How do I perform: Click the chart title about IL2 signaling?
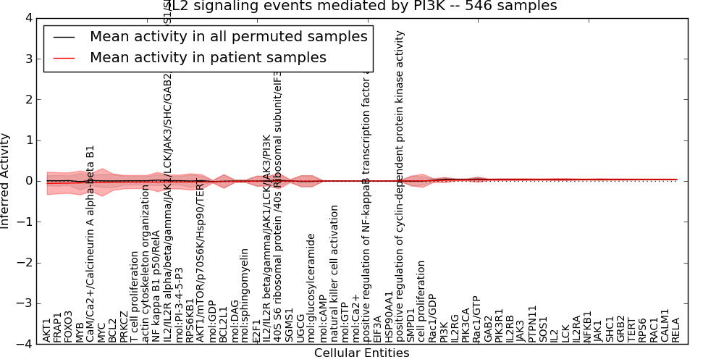[x=361, y=7]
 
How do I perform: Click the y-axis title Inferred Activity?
[x=7, y=180]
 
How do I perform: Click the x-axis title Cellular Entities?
[x=361, y=353]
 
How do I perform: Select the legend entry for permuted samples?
[x=228, y=37]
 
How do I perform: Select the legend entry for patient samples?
[x=208, y=57]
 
